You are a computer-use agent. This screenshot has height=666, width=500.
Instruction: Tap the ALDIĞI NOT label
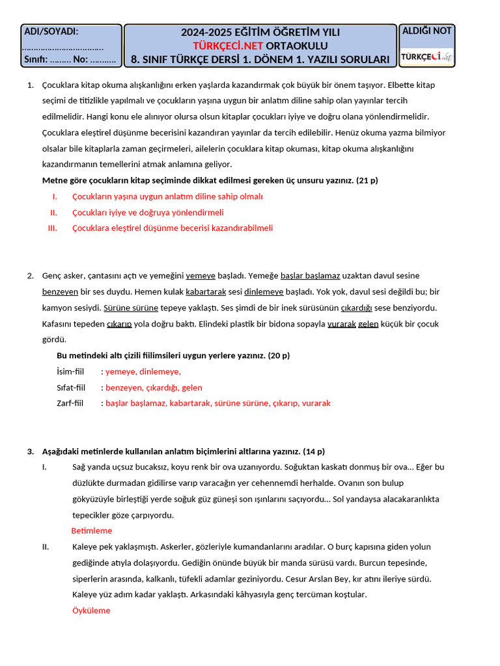coord(427,31)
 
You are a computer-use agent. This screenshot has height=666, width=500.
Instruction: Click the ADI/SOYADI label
coord(51,31)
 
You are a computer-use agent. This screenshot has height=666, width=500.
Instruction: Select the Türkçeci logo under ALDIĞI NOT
coord(427,57)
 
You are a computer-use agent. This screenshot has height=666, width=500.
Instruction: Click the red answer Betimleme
coord(91,531)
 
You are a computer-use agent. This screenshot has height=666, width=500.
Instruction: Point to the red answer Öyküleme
coord(91,611)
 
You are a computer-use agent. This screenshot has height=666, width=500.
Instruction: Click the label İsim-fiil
coord(71,371)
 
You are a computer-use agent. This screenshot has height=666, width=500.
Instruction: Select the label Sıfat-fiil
coord(71,388)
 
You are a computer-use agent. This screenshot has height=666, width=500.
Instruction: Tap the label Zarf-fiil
coord(70,403)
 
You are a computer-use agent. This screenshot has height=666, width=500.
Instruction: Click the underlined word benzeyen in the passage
coord(60,291)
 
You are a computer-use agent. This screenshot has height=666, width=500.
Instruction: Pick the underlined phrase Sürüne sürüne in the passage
coord(132,308)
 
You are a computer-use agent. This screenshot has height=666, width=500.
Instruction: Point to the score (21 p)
coord(367,180)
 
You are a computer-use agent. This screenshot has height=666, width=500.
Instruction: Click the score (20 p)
coord(279,356)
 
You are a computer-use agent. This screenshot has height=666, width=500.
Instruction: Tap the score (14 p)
coord(314,451)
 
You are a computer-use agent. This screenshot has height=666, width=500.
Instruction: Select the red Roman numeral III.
coord(53,228)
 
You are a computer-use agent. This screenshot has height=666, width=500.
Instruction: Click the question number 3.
coord(30,451)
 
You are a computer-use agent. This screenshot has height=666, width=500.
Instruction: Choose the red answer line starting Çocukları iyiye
coord(148,212)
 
